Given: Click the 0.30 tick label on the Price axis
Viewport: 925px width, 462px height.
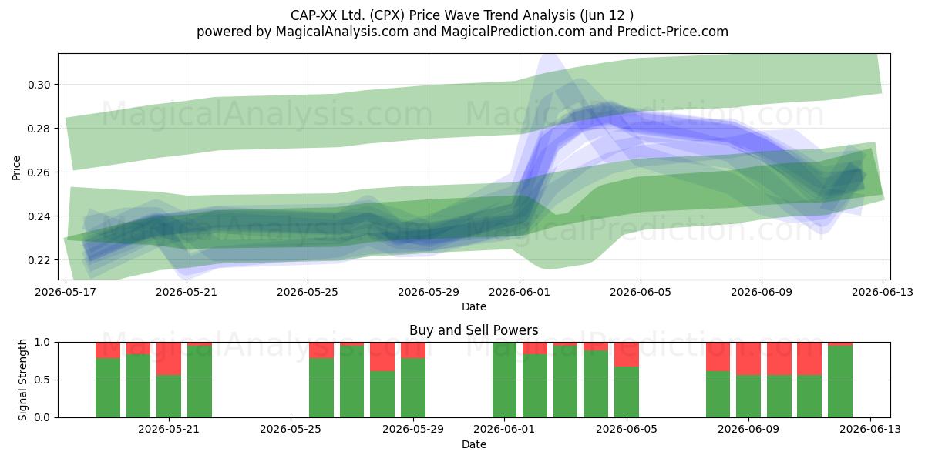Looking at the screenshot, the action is pos(39,85).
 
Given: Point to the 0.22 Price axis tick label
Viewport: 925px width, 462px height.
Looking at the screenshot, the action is pos(39,260).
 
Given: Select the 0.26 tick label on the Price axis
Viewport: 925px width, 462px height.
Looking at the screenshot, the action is pos(39,172).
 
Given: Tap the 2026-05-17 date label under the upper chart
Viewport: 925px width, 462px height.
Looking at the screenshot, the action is pos(66,292).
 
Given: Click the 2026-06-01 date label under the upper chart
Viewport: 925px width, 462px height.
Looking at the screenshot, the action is pos(520,292).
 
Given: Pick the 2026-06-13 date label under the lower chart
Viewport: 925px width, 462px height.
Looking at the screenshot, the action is pos(870,429).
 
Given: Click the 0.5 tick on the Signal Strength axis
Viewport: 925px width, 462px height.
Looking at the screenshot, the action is pos(42,380).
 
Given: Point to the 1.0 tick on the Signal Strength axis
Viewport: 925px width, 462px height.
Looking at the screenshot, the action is pos(42,343).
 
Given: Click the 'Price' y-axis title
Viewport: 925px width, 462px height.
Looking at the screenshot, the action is pos(16,168).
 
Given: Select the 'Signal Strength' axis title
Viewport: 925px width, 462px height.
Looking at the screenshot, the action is pos(22,380).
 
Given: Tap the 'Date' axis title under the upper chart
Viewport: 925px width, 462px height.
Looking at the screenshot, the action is pos(474,306).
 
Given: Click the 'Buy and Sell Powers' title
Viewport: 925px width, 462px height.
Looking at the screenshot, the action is pos(474,330).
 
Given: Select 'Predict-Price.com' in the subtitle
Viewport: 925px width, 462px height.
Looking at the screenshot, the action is pos(673,32).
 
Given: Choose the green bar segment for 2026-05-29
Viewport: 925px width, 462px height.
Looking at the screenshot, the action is pos(413,388).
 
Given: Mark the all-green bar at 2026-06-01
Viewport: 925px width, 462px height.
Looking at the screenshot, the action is pos(504,380).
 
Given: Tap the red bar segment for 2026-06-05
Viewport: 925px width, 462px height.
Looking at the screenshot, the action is pos(627,354).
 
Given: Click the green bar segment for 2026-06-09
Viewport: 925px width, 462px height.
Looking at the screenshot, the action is pos(748,397).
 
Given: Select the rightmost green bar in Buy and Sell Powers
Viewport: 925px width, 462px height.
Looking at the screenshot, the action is pos(840,382).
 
